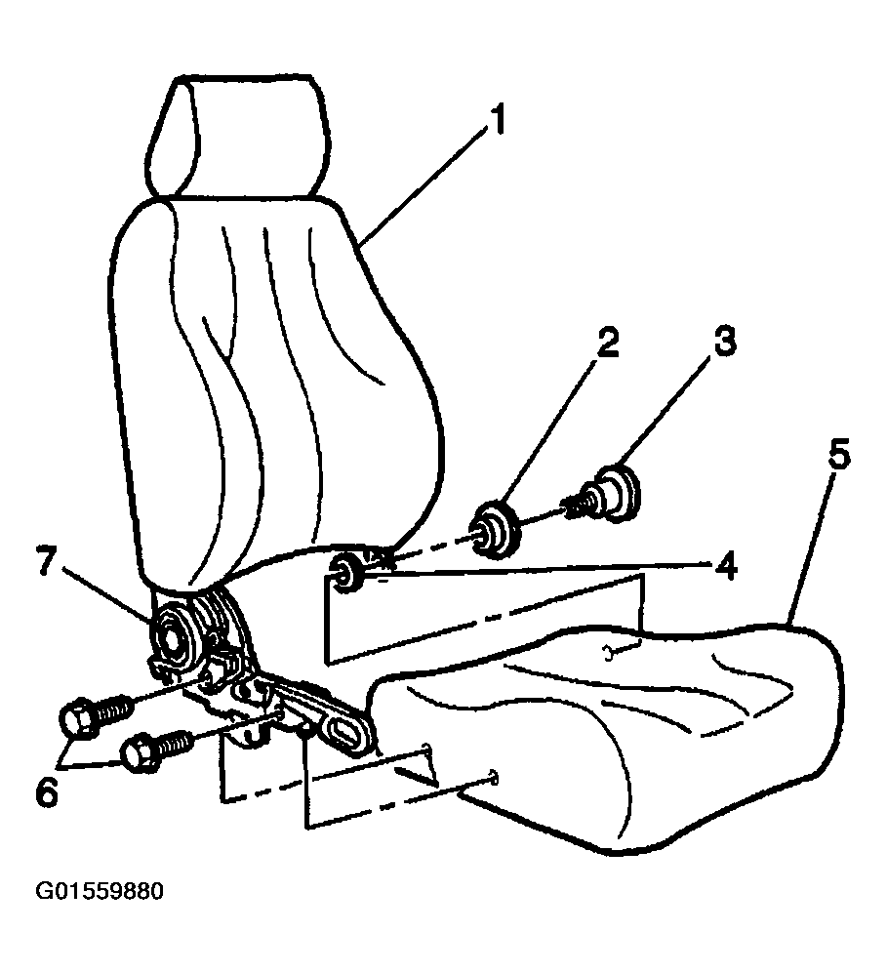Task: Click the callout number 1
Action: tap(496, 120)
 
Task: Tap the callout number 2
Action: tap(607, 343)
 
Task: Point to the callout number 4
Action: tap(724, 565)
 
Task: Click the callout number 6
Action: tap(47, 792)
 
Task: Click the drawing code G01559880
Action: tap(100, 891)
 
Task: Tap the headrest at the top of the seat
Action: tap(239, 137)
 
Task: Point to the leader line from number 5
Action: tap(810, 545)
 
